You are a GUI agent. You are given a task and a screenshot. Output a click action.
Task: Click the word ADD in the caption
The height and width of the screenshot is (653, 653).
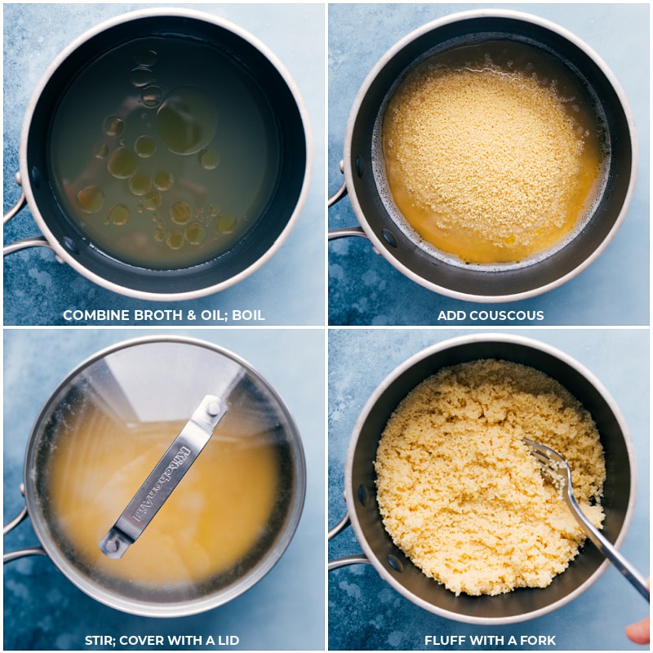pyautogui.click(x=450, y=315)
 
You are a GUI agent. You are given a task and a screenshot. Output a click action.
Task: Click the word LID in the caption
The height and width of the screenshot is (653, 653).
pyautogui.click(x=227, y=640)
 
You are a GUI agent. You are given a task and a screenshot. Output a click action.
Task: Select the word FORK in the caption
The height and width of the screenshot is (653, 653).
pyautogui.click(x=540, y=640)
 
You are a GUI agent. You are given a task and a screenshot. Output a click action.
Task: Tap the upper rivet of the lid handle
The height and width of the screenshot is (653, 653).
pyautogui.click(x=213, y=410)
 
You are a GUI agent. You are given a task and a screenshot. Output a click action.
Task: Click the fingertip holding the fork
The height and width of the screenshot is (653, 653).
pyautogui.click(x=639, y=631)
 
